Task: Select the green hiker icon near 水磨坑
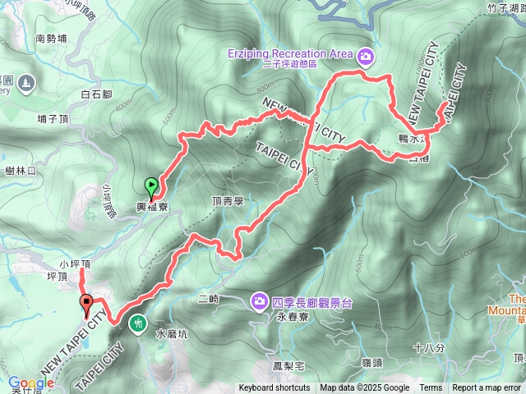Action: pos(136,323)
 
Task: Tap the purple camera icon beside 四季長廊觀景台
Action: pos(260,301)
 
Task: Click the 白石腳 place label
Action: pos(96,95)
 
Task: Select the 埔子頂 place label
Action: pos(53,120)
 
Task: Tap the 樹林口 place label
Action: pos(21,171)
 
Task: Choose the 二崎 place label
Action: pos(209,300)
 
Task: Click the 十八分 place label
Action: pos(429,348)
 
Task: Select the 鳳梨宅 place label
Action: pos(288,365)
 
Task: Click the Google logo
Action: pos(30,383)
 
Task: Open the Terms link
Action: pos(431,388)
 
